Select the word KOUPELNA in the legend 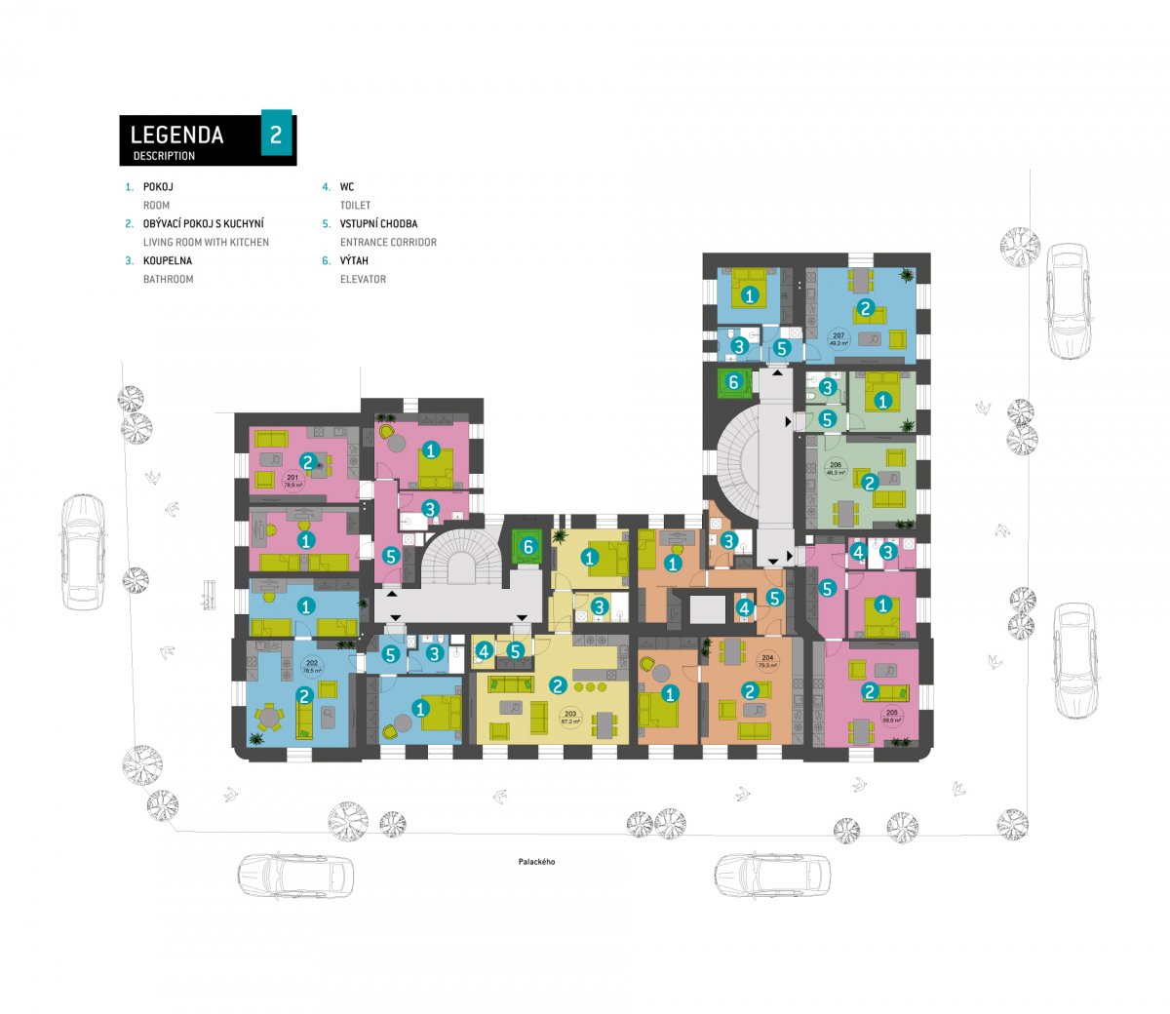point(168,261)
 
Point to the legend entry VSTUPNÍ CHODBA point(378,224)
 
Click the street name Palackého point(536,862)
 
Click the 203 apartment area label point(569,718)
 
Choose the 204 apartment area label point(767,661)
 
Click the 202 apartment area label point(312,668)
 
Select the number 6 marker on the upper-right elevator point(734,382)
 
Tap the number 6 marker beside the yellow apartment point(527,547)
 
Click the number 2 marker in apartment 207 point(864,309)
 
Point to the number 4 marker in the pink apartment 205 point(857,553)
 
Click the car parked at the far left point(83,552)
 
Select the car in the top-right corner point(1068,301)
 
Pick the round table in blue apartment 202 point(267,719)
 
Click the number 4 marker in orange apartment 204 point(744,608)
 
